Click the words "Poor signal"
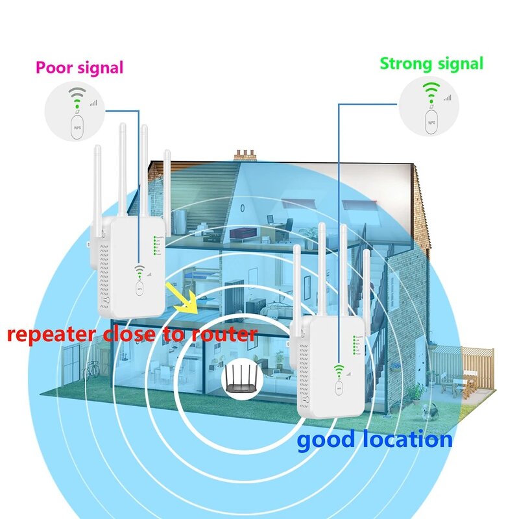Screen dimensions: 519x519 (79, 67)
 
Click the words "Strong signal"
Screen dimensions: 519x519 (431, 64)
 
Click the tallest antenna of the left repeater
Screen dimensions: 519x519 (121, 169)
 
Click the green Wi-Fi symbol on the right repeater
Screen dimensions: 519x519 (339, 370)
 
